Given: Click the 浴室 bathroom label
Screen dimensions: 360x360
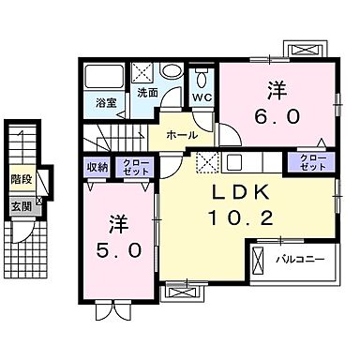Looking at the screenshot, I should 105,102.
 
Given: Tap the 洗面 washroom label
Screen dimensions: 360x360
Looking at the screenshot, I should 148,94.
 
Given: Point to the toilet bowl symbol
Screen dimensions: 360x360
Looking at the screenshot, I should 202,76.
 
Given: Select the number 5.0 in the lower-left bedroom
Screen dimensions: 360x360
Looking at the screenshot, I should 117,250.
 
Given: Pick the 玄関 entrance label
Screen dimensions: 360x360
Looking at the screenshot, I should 21,206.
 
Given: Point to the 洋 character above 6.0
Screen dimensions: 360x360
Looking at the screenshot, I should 277,90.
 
